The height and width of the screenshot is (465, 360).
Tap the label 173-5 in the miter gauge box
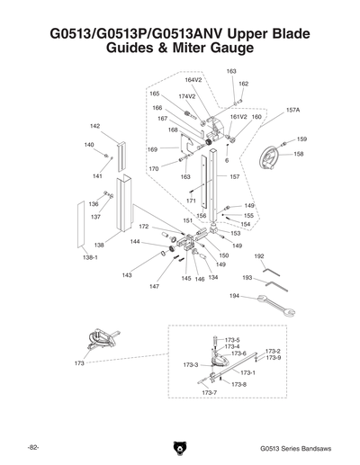[x=232, y=340]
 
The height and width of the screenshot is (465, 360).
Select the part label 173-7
[x=209, y=393]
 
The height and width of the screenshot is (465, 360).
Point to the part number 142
[x=94, y=126]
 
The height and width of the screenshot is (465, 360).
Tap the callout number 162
[x=243, y=83]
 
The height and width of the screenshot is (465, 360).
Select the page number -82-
[x=32, y=447]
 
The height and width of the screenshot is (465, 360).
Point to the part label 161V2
[x=238, y=117]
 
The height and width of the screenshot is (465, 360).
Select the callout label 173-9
[x=274, y=358]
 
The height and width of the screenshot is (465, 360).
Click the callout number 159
[x=301, y=139]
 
